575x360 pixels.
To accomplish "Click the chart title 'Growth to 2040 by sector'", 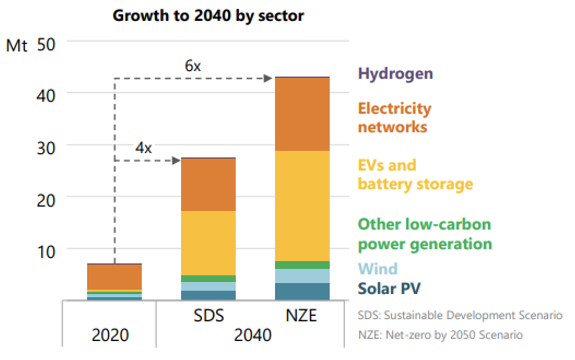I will pyautogui.click(x=208, y=16).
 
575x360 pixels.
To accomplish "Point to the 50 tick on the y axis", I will pyautogui.click(x=46, y=45).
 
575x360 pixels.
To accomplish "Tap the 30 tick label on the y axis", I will pyautogui.click(x=46, y=148).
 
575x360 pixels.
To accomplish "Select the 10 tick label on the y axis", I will pyautogui.click(x=46, y=252).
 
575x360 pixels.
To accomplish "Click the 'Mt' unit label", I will pyautogui.click(x=17, y=45).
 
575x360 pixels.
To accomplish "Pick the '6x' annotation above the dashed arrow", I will pyautogui.click(x=193, y=66).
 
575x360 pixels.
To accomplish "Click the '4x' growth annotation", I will pyautogui.click(x=143, y=148).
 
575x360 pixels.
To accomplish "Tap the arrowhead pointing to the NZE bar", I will pyautogui.click(x=268, y=78).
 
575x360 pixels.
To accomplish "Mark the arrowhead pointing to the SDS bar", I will pyautogui.click(x=176, y=161).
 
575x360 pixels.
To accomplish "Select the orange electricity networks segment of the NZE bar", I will pyautogui.click(x=302, y=114).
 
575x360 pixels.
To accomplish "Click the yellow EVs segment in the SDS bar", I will pyautogui.click(x=208, y=243).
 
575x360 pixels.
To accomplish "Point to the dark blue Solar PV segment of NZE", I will pyautogui.click(x=302, y=291).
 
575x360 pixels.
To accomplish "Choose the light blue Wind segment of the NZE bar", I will pyautogui.click(x=302, y=276).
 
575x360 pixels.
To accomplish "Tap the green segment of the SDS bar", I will pyautogui.click(x=208, y=279).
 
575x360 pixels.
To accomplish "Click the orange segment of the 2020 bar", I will pyautogui.click(x=115, y=277).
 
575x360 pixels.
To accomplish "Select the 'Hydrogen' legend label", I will pyautogui.click(x=395, y=73).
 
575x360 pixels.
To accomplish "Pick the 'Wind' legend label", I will pyautogui.click(x=378, y=269).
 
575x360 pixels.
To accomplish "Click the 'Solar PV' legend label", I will pyautogui.click(x=389, y=288).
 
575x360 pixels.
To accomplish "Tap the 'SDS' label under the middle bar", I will pyautogui.click(x=208, y=315).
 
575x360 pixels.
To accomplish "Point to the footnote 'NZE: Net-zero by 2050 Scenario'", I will pyautogui.click(x=441, y=335).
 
